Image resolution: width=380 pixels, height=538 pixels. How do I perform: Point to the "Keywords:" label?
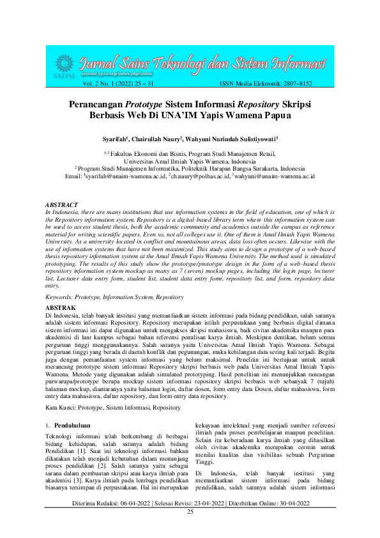61,297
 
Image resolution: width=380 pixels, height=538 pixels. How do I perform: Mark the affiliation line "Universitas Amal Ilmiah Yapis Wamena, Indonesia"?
190,162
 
